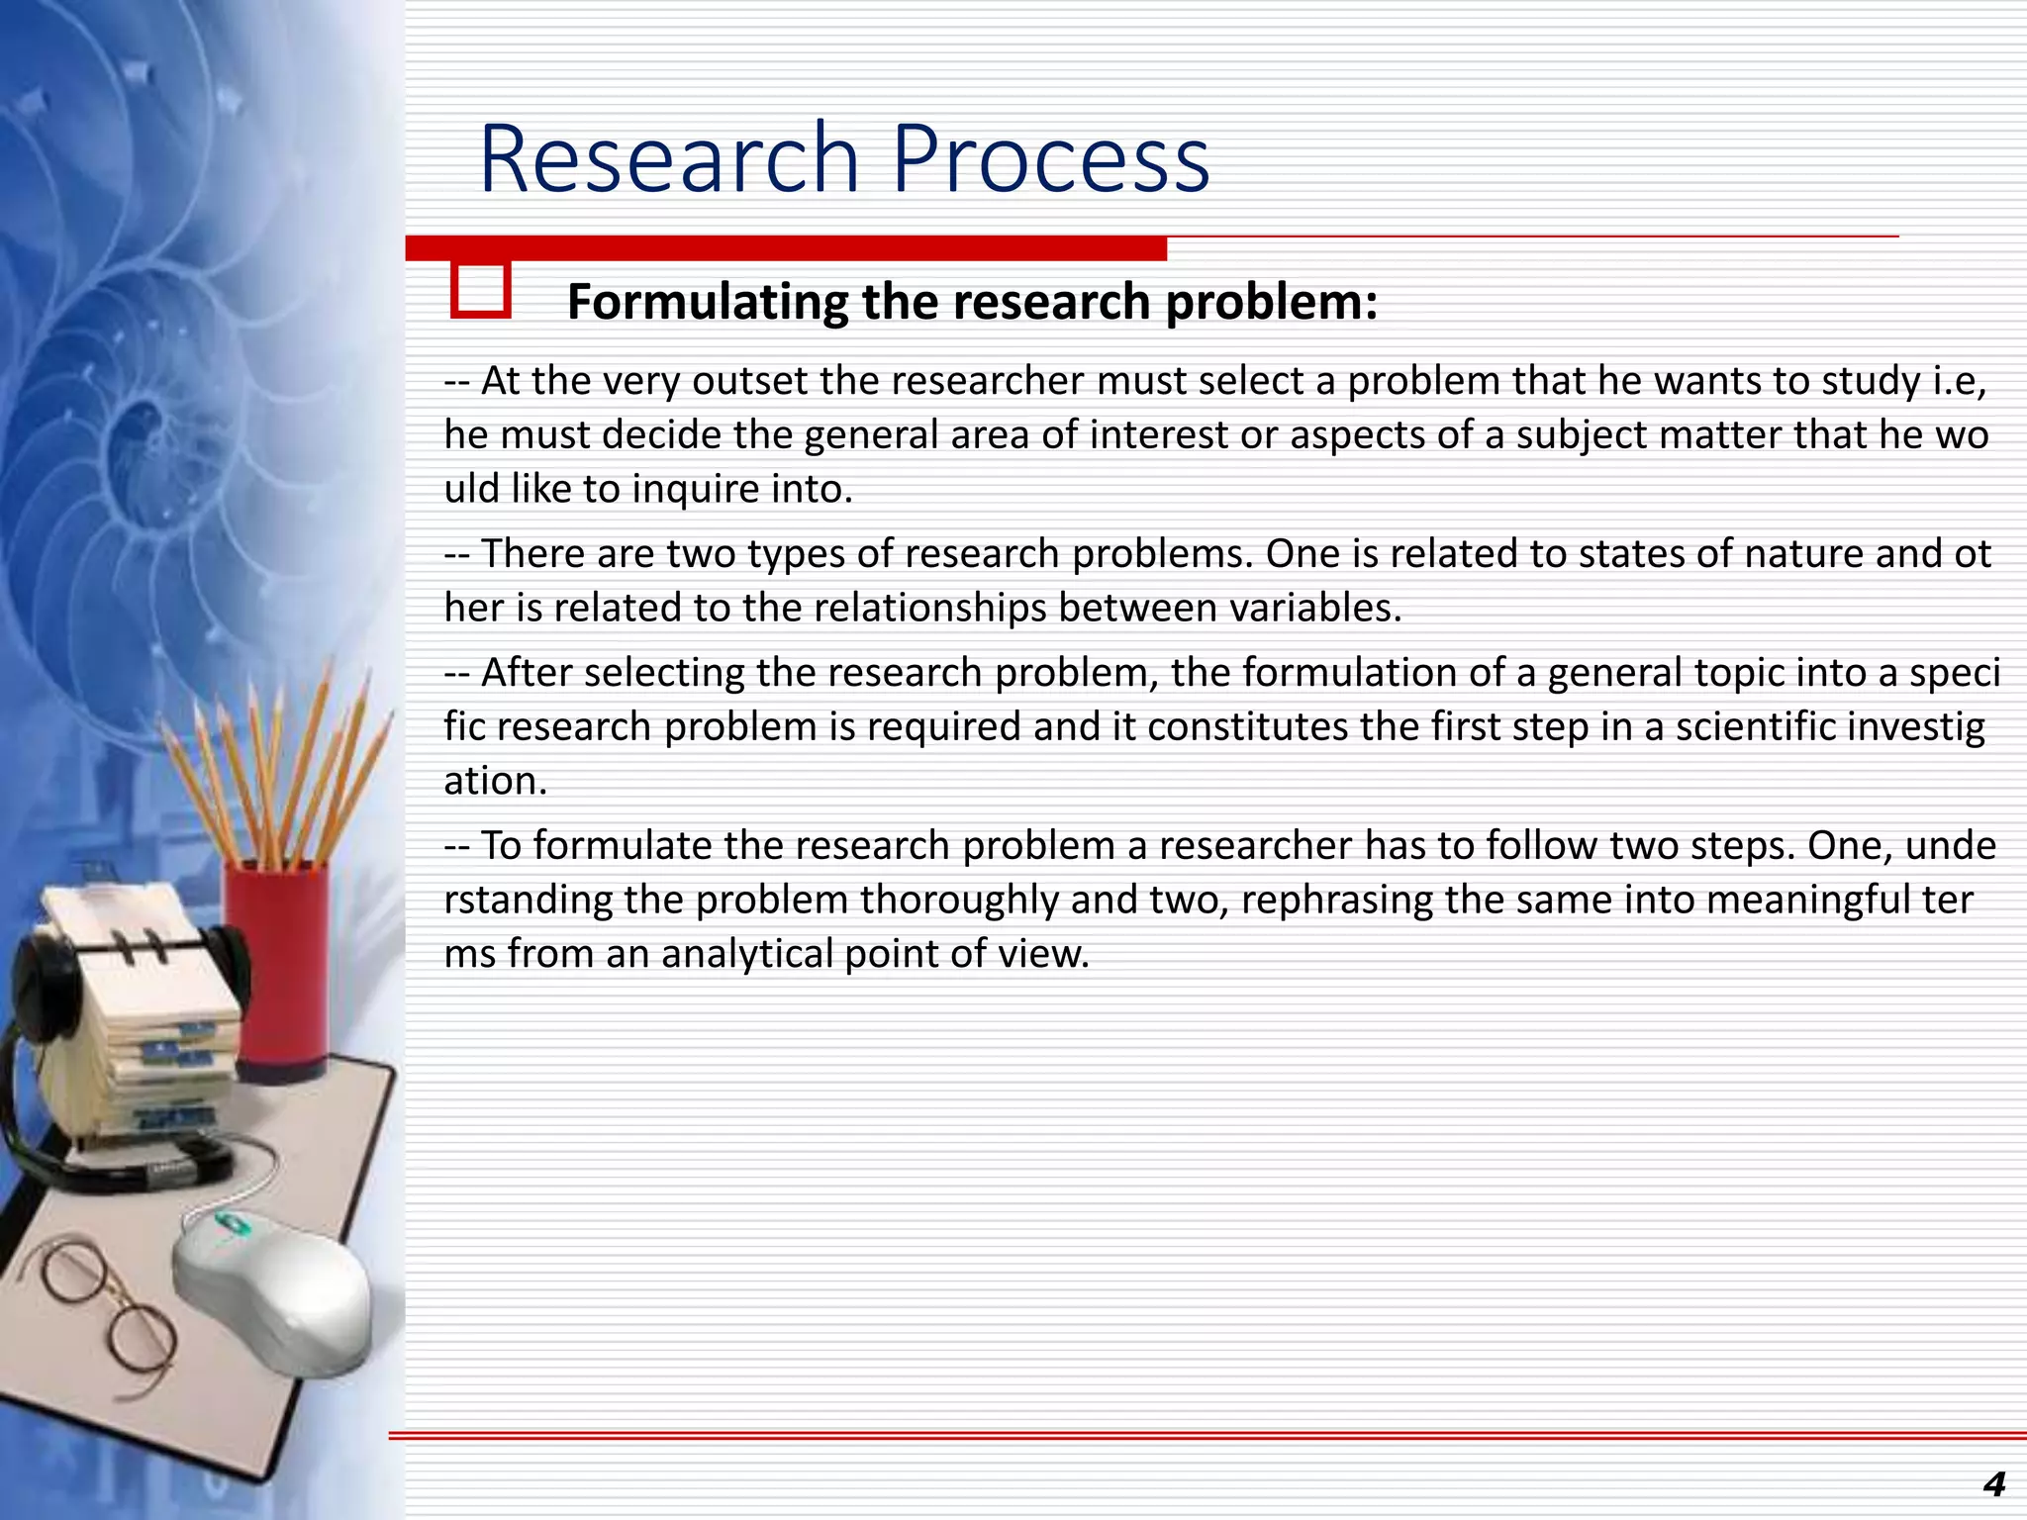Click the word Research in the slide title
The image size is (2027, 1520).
(x=668, y=158)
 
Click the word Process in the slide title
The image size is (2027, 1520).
(x=1050, y=158)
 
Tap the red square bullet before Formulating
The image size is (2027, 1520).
(x=481, y=290)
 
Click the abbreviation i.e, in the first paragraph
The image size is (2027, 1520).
(x=1959, y=382)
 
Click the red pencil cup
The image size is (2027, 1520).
(x=276, y=970)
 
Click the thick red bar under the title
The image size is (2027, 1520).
(x=786, y=248)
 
